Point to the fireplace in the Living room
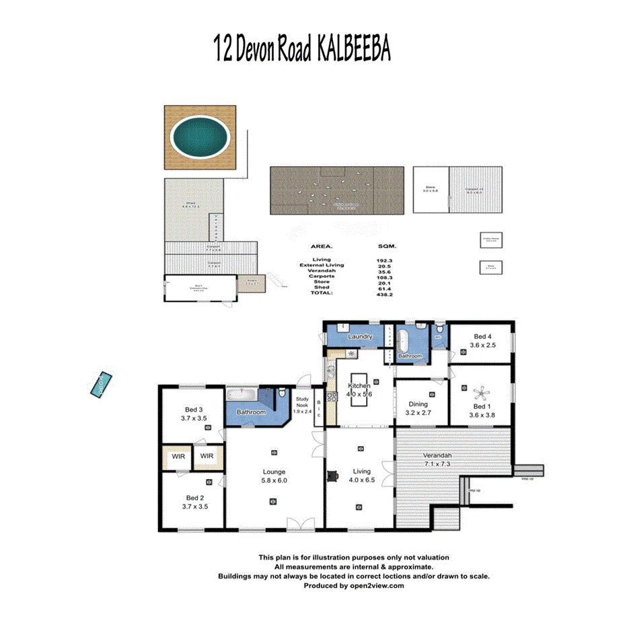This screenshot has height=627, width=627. pyautogui.click(x=331, y=476)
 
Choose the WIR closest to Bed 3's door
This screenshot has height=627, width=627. pyautogui.click(x=207, y=456)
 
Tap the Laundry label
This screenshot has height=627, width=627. pyautogui.click(x=361, y=336)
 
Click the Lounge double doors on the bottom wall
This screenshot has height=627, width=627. pyautogui.click(x=306, y=524)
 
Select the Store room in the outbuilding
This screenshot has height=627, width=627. pyautogui.click(x=431, y=189)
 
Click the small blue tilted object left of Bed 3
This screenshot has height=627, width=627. pyautogui.click(x=102, y=383)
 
